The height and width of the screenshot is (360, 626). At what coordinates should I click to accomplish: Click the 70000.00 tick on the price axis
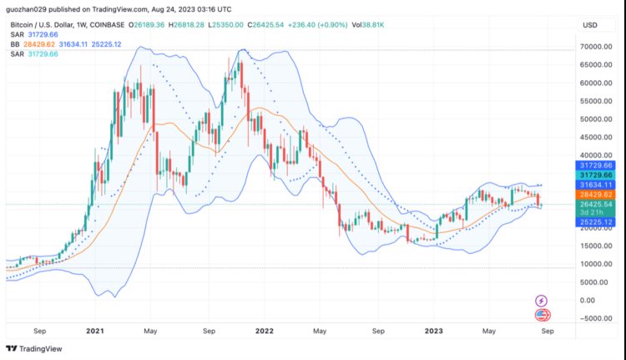(597, 46)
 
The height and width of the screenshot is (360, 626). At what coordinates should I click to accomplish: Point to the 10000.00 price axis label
(597, 264)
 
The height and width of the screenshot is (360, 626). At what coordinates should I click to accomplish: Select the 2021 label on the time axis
(94, 331)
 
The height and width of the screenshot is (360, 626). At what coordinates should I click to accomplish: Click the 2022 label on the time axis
(265, 331)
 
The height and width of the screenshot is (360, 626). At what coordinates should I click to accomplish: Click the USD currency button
(589, 25)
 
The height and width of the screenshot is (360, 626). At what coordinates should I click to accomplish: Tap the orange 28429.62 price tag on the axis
(598, 194)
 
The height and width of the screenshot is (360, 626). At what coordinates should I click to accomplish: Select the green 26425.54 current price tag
(598, 204)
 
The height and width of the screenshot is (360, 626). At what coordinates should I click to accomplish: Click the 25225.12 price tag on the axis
(598, 222)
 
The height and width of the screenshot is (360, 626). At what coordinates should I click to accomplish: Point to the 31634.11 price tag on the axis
(598, 185)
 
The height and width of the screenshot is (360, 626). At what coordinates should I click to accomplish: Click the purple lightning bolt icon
(542, 301)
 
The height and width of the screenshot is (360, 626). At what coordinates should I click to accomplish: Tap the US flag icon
(542, 315)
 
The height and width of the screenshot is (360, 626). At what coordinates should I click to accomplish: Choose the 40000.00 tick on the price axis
(597, 155)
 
